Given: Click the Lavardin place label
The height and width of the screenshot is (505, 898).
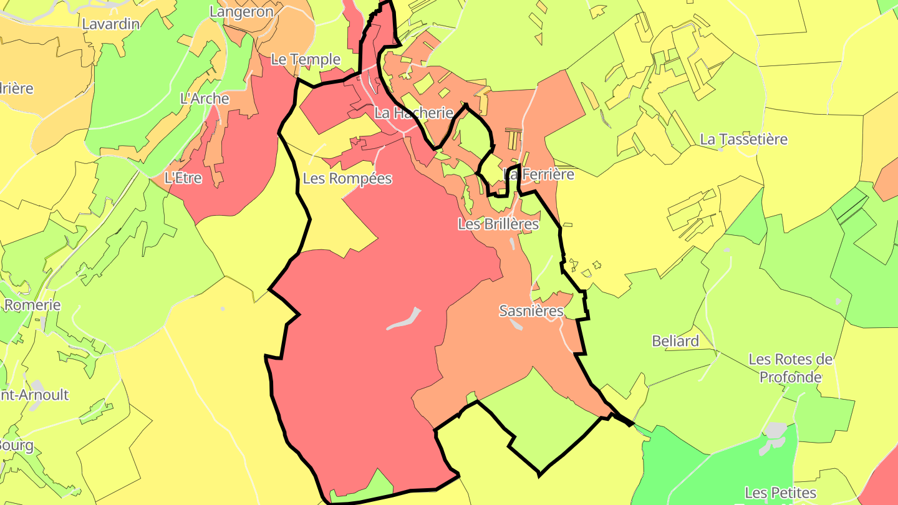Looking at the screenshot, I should pos(111,24).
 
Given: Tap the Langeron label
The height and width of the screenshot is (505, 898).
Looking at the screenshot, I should pos(241,11).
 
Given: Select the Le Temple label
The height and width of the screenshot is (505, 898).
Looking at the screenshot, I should pos(306,60).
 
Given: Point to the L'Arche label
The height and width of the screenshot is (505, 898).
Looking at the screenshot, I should pos(205,99).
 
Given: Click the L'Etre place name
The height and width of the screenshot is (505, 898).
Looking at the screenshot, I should pos(183,178).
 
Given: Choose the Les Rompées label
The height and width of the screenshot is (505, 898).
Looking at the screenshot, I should pos(347,178).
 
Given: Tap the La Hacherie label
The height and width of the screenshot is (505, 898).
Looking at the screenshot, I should pos(414,113).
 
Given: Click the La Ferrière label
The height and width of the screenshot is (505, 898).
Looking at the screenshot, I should pos(539,175).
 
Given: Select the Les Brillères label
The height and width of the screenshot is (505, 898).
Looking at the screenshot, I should pos(498,224).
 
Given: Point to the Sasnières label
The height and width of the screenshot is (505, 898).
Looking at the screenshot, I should pos(531,310).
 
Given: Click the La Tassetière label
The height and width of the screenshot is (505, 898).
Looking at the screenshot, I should pos(744,139).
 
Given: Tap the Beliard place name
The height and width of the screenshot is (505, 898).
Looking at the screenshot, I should pos(675,341).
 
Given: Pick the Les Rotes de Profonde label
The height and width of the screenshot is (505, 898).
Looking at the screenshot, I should pos(791,368).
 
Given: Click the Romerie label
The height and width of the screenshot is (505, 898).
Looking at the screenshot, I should pos(32,305).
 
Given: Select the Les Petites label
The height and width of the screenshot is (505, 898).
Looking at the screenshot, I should pos(780,493).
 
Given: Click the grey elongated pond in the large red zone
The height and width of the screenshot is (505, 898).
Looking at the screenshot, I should pos(404,319).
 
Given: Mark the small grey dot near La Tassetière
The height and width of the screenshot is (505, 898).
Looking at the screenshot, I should pos(721,150).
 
